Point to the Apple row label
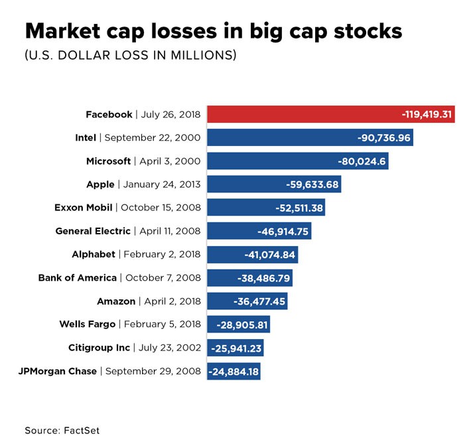pyautogui.click(x=143, y=184)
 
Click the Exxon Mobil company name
pyautogui.click(x=83, y=208)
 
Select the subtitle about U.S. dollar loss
pyautogui.click(x=131, y=56)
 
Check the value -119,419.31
pyautogui.click(x=427, y=114)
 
